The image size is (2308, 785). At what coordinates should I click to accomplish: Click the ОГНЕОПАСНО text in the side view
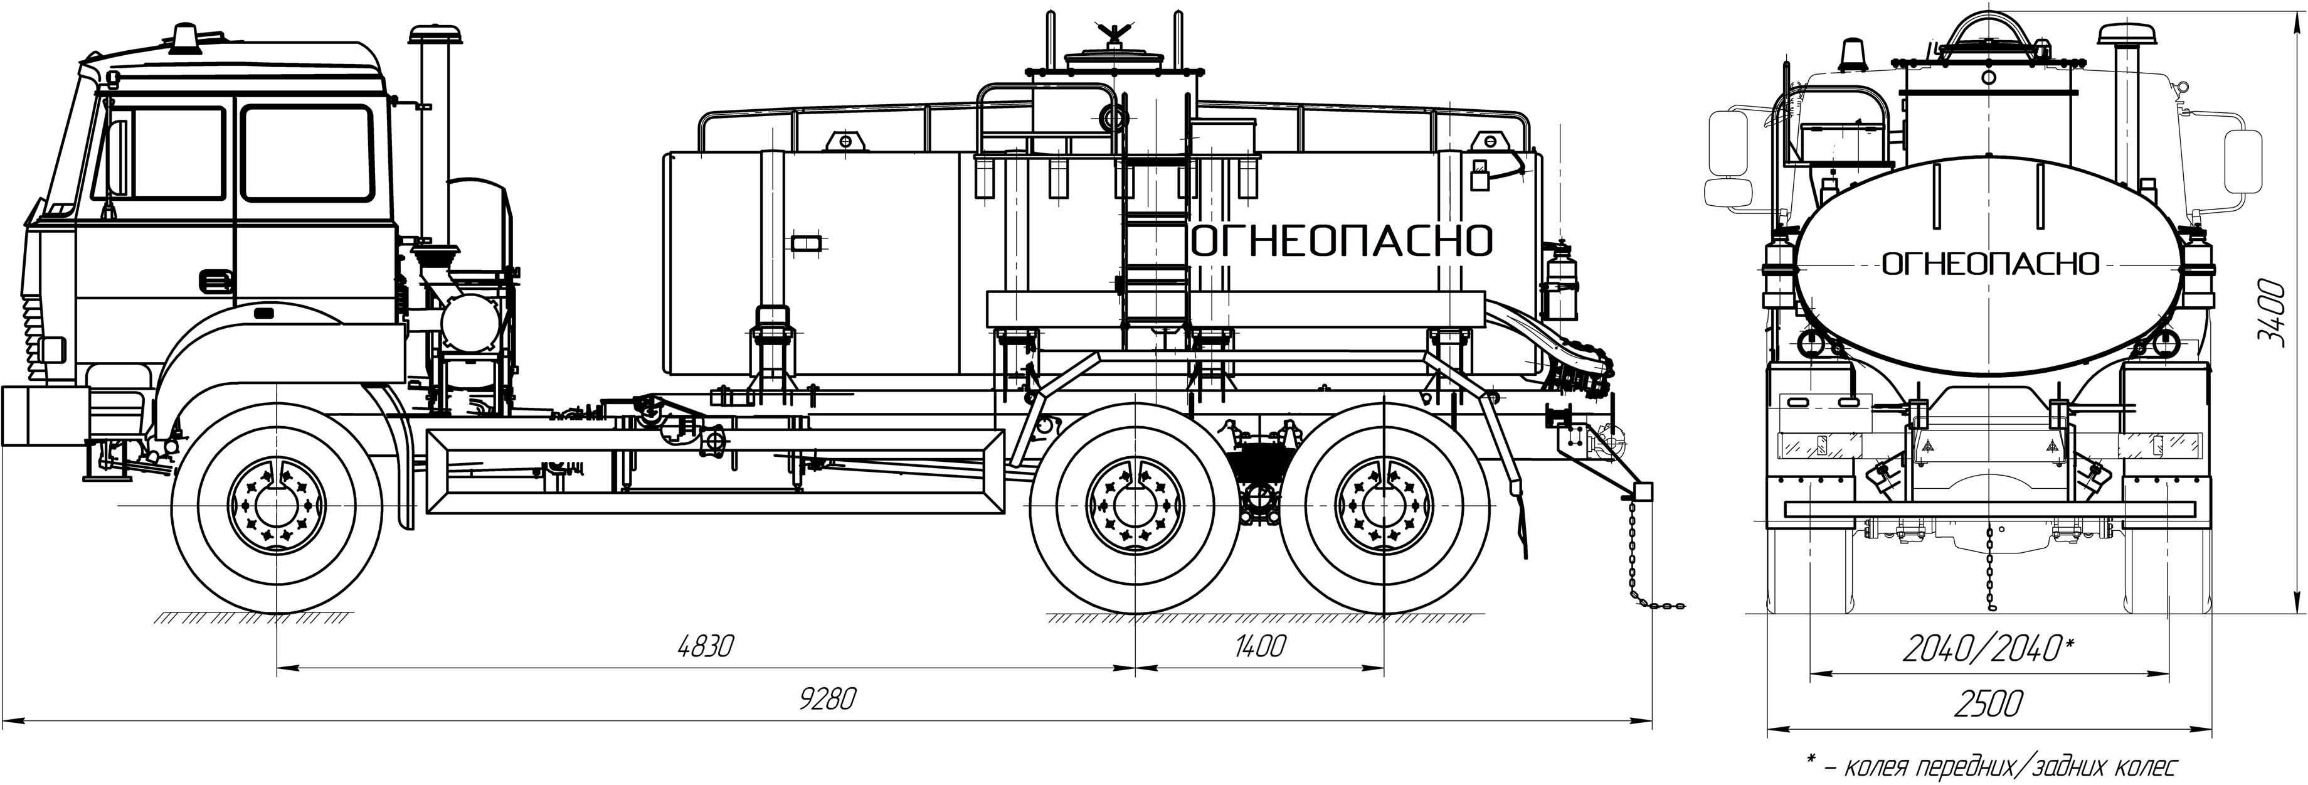[x=1342, y=241]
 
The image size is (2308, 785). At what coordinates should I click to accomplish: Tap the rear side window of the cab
[x=307, y=152]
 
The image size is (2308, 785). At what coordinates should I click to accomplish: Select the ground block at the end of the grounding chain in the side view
[x=1643, y=493]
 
